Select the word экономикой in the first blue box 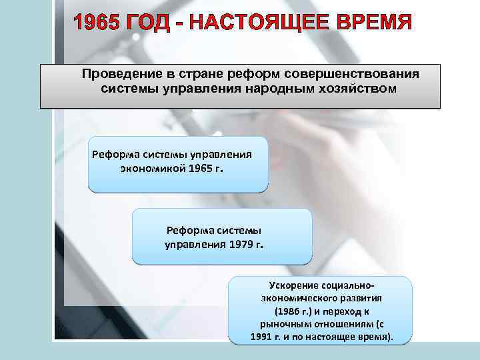pyautogui.click(x=153, y=168)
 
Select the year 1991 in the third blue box pyautogui.click(x=263, y=337)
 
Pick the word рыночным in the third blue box pyautogui.click(x=278, y=324)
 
